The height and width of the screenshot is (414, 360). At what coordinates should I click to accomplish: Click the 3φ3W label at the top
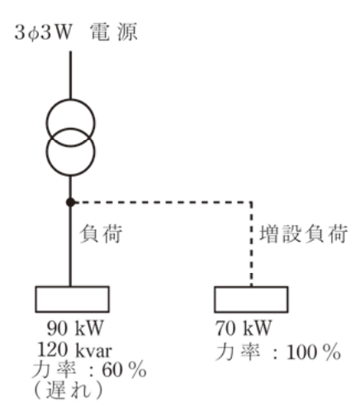(43, 33)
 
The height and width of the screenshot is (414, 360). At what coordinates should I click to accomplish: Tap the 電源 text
(114, 32)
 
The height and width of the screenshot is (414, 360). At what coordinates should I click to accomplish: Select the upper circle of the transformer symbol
(70, 99)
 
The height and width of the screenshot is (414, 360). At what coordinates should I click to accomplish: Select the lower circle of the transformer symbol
(70, 175)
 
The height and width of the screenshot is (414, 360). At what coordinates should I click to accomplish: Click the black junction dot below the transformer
(70, 202)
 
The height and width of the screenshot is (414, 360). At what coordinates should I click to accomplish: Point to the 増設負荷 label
(304, 234)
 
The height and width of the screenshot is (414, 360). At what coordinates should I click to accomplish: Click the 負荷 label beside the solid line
(101, 233)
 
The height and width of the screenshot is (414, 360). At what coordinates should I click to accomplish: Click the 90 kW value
(75, 328)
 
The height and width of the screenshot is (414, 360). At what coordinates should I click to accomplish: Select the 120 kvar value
(74, 350)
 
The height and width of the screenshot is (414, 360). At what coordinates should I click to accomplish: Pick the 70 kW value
(244, 328)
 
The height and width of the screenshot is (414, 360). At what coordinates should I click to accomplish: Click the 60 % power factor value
(124, 370)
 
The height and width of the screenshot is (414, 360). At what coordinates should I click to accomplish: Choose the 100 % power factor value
(314, 352)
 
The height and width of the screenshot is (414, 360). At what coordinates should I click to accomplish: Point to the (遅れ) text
(69, 390)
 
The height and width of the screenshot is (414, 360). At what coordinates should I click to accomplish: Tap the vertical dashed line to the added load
(251, 244)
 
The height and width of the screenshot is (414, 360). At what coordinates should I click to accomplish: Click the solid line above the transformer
(70, 75)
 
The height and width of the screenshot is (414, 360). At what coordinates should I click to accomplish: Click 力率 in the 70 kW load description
(238, 352)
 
